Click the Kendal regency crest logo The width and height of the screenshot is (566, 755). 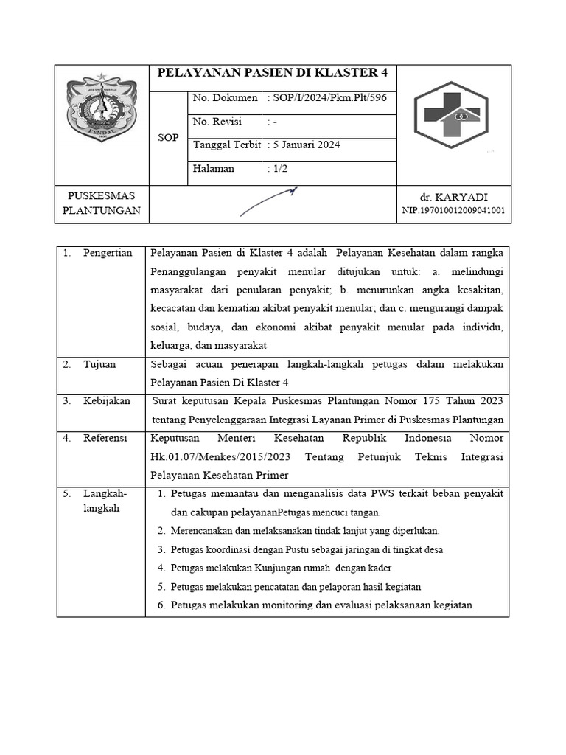[102, 108]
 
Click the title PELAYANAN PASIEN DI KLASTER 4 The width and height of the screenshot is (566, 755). [273, 73]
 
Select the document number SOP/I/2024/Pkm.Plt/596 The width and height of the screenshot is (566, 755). [329, 98]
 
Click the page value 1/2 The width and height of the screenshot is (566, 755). [279, 169]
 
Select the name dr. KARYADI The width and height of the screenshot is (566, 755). [453, 197]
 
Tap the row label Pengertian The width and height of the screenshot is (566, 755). [108, 253]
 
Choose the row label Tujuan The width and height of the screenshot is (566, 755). [99, 364]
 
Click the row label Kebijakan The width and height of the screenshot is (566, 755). [106, 400]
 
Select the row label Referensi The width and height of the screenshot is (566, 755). [105, 438]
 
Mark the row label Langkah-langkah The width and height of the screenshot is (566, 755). [105, 501]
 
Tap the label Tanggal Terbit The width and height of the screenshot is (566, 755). [226, 145]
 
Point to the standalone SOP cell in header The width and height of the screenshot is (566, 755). [168, 138]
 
